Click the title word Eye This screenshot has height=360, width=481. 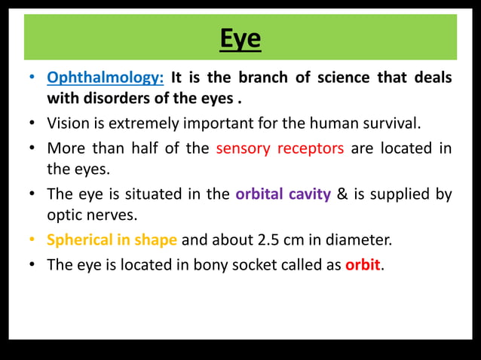(x=240, y=37)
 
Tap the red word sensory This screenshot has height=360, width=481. (x=243, y=148)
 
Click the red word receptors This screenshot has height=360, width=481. (x=311, y=148)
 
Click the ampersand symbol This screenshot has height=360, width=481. (x=342, y=194)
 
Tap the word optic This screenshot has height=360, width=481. (x=66, y=215)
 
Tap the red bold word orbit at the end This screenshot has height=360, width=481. (x=363, y=264)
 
